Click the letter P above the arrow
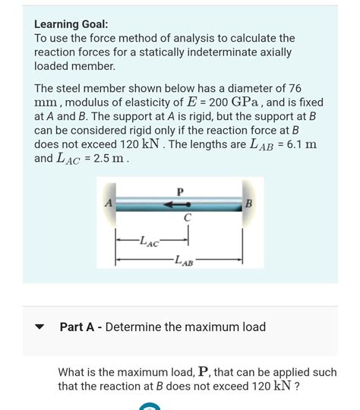180,191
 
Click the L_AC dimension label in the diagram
149,241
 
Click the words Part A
81,327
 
